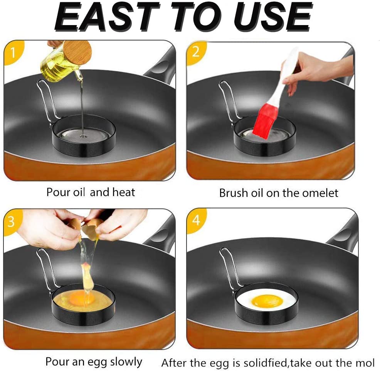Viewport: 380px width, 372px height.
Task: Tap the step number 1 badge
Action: click(13, 52)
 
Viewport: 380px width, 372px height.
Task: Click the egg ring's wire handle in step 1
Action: click(46, 98)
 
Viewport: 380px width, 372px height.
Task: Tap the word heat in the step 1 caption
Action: click(123, 192)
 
